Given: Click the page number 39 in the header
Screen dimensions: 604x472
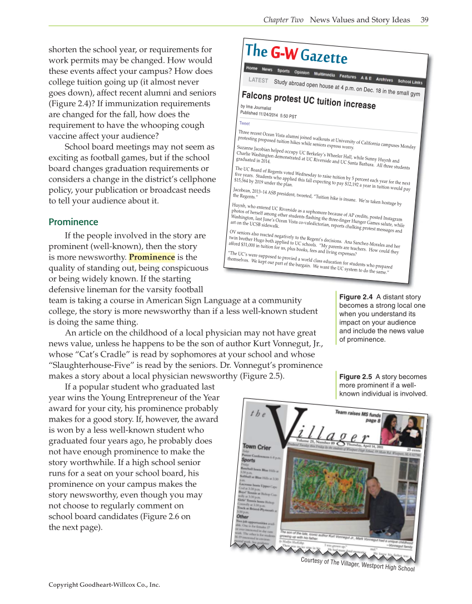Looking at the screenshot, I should coord(424,20).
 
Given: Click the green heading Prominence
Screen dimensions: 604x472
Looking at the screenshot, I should coord(73,222).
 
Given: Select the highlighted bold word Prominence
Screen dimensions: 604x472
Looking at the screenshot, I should coord(152,257).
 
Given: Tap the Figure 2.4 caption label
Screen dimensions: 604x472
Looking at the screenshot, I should coord(355,297).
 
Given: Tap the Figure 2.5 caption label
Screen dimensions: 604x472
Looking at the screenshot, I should coord(355,377).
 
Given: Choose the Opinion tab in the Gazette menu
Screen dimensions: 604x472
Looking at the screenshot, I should coord(302,73).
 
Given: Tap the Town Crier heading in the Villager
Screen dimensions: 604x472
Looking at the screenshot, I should coord(256,446).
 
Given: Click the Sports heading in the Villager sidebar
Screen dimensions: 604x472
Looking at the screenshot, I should coord(249,460).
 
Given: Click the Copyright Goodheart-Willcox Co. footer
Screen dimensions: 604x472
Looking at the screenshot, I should coord(104,585).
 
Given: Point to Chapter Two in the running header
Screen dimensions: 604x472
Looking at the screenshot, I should coord(283,20).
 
